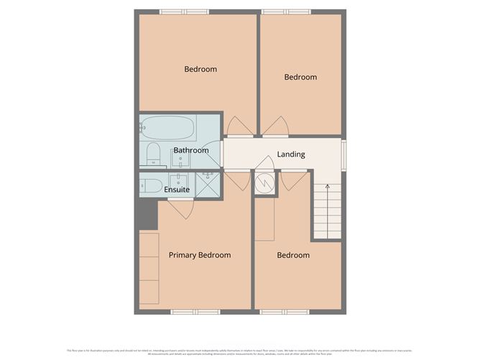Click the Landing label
pyautogui.click(x=291, y=154)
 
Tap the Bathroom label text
pyautogui.click(x=190, y=151)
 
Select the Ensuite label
pyautogui.click(x=177, y=190)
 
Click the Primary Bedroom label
pyautogui.click(x=200, y=255)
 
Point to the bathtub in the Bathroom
pyautogui.click(x=167, y=129)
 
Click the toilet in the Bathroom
pyautogui.click(x=152, y=152)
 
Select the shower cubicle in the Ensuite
pyautogui.click(x=209, y=185)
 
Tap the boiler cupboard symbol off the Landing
pyautogui.click(x=264, y=183)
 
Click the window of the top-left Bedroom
pyautogui.click(x=184, y=11)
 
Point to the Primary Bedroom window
pyautogui.click(x=195, y=312)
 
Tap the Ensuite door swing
pyautogui.click(x=180, y=208)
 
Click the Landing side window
pyautogui.click(x=343, y=154)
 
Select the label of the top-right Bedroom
pyautogui.click(x=300, y=78)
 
